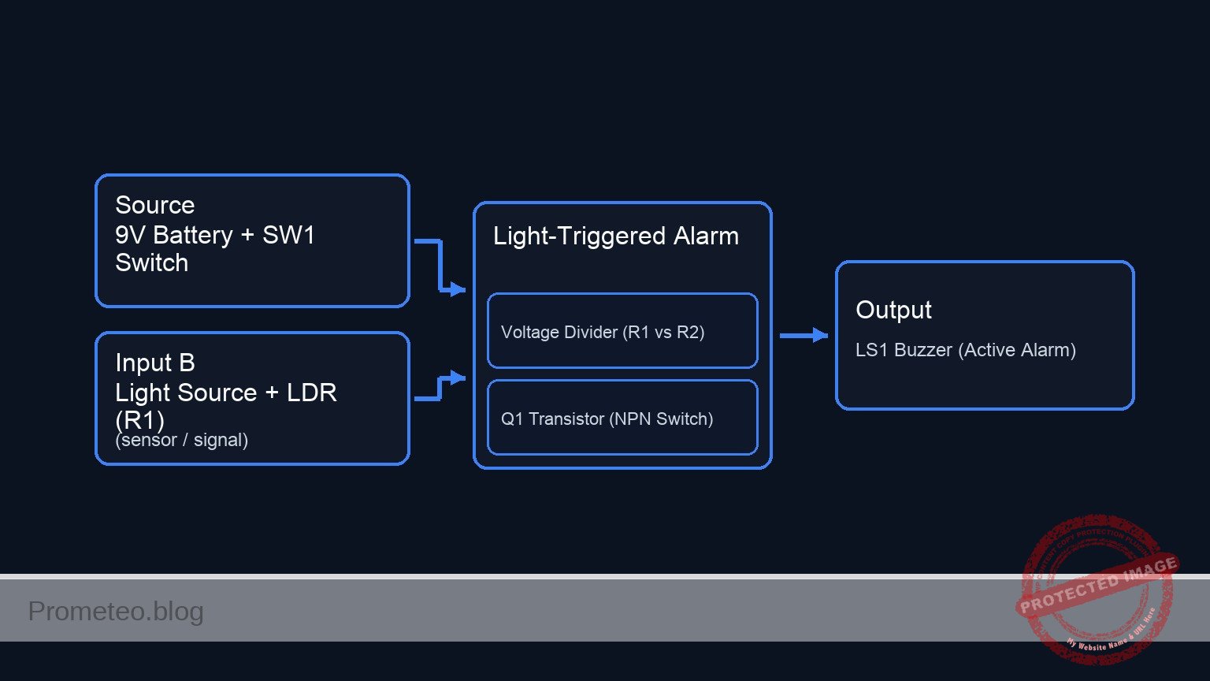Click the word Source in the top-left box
point(154,205)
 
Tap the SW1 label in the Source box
point(288,235)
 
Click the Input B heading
point(154,363)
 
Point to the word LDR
point(311,393)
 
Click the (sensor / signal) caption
point(181,440)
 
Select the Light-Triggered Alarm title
point(615,236)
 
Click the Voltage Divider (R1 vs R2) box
point(622,331)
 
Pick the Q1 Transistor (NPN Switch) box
point(622,418)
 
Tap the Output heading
point(893,310)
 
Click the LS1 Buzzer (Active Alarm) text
point(965,350)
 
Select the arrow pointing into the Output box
point(804,336)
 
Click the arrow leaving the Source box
point(440,266)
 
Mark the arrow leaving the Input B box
point(440,388)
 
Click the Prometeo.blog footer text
point(116,611)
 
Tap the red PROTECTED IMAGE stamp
point(1097,587)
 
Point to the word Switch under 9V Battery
point(151,262)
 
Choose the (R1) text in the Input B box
point(139,419)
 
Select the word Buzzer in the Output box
point(922,350)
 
